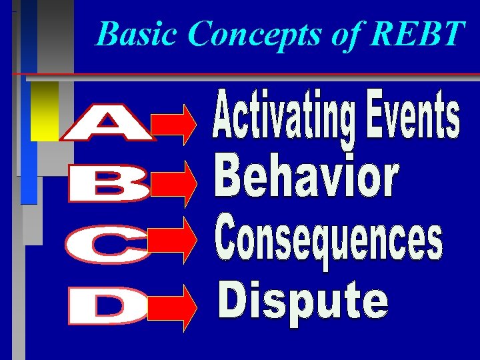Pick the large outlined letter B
pos(109,185)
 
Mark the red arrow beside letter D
pos(175,307)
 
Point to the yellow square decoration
pos(45,111)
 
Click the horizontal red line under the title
pos(267,73)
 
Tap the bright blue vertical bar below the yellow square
pos(29,171)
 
